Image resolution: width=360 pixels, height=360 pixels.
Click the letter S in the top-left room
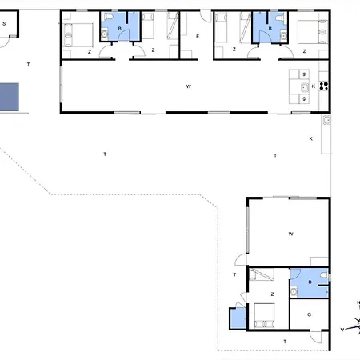4,24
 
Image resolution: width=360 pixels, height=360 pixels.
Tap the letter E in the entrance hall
198,36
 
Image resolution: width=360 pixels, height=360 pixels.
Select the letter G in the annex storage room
310,314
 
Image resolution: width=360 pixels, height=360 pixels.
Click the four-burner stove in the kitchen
324,86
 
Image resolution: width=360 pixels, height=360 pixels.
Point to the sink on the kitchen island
304,87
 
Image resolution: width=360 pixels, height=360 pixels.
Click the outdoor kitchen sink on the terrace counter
327,120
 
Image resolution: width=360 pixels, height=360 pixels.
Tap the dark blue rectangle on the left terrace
10,97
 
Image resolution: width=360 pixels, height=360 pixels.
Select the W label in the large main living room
189,86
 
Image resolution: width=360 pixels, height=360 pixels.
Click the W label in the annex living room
290,234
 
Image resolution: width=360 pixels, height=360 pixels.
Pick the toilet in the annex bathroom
324,275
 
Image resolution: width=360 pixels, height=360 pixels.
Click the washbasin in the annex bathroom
294,291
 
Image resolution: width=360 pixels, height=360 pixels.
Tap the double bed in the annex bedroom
264,315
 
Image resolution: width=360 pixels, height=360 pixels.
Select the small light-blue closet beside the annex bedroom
238,318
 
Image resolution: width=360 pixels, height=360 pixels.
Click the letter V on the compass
342,330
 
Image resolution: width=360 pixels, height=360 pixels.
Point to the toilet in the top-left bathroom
109,17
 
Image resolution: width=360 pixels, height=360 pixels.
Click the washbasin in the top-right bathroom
283,35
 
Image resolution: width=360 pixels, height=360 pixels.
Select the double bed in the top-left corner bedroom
78,35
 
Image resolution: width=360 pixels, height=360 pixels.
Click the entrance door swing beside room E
206,17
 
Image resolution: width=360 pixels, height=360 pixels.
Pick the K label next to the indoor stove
314,86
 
